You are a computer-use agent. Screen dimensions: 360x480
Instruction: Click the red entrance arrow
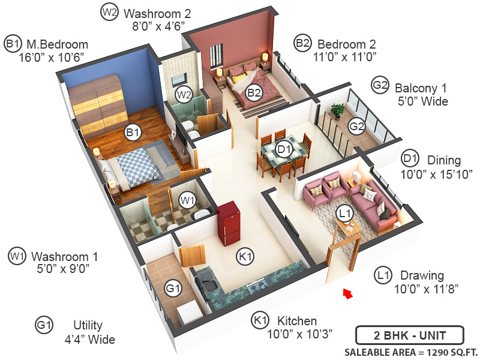(346, 293)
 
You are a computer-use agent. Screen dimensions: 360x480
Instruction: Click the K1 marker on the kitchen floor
(245, 256)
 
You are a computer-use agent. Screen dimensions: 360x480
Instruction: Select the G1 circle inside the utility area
(173, 289)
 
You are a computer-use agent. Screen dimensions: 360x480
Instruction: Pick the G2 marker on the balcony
(357, 126)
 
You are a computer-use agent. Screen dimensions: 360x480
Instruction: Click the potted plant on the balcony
(337, 110)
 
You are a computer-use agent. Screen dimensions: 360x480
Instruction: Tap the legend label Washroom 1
(65, 256)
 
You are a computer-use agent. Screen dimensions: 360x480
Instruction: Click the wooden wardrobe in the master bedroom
(98, 107)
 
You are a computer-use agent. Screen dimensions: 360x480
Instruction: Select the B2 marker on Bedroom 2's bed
(254, 92)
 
